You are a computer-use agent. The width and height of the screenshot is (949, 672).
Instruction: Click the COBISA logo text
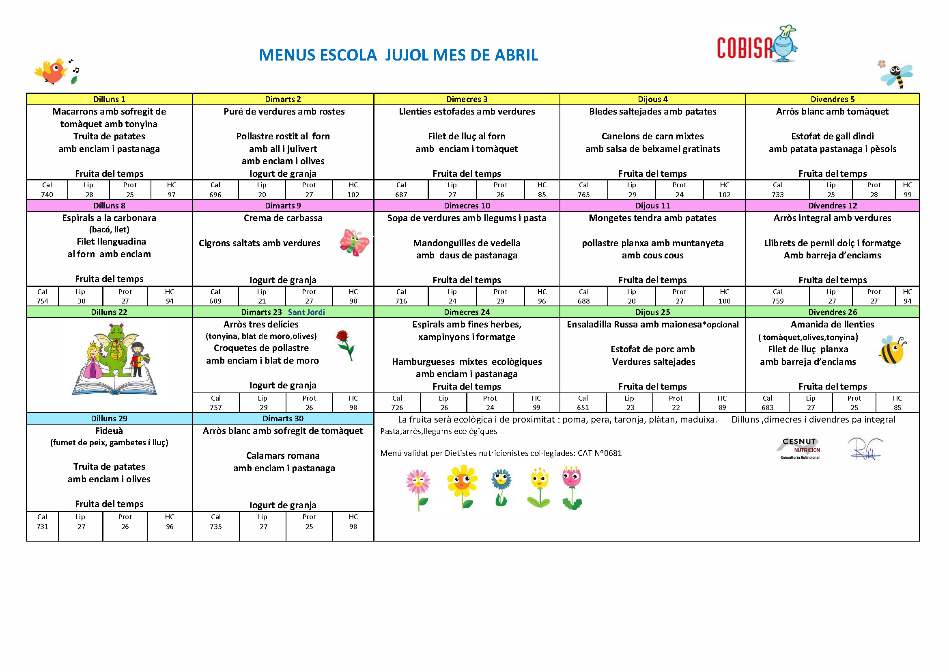pos(744,48)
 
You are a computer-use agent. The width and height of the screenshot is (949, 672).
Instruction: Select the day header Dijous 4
pos(652,99)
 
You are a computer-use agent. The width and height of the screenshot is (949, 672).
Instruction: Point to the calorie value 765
pos(583,195)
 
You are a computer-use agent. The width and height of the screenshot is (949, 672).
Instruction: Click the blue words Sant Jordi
pos(306,312)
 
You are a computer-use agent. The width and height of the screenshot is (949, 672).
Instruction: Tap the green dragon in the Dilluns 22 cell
pos(115,348)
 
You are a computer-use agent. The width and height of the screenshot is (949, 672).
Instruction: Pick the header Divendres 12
pos(832,206)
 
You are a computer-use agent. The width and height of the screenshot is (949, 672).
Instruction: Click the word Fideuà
pos(109,431)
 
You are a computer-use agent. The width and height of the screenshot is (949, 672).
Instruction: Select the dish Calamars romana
pos(283,455)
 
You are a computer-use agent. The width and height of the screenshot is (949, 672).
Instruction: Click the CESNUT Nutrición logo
pos(799,449)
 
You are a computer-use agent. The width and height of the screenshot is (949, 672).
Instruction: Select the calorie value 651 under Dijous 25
pos(583,408)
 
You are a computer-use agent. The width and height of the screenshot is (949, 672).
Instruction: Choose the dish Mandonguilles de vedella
pos(467,243)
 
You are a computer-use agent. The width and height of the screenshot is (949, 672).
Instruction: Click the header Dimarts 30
pos(283,418)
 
